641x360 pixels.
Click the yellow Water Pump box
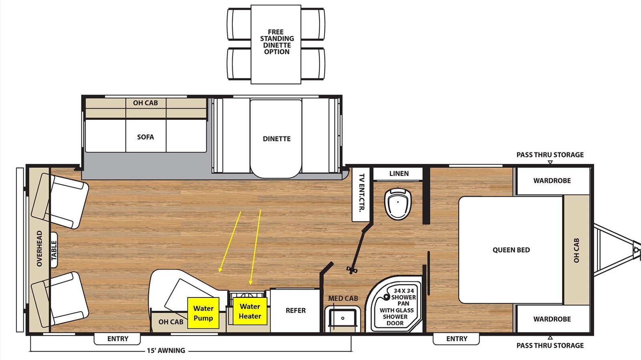[x=203, y=313]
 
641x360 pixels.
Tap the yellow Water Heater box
[x=250, y=311]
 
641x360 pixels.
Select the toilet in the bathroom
[x=398, y=203]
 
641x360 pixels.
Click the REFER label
[x=296, y=310]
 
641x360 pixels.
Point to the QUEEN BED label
[x=511, y=250]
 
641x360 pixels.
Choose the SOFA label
[x=145, y=137]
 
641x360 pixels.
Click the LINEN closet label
[x=399, y=174]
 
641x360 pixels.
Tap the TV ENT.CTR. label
[x=361, y=192]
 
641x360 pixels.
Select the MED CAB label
[x=343, y=298]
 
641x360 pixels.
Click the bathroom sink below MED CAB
[x=343, y=318]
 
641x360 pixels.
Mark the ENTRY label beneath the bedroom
[x=457, y=339]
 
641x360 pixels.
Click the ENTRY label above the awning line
[x=118, y=339]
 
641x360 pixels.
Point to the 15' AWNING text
[x=166, y=350]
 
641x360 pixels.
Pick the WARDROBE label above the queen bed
[x=552, y=181]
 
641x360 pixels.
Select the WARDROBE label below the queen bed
[x=552, y=319]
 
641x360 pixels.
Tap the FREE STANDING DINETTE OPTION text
[x=276, y=42]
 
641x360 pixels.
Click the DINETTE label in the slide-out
[x=276, y=139]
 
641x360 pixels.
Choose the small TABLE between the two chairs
[x=54, y=250]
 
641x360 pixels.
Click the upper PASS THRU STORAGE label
[x=550, y=155]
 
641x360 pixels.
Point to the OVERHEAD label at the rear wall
[x=40, y=249]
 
